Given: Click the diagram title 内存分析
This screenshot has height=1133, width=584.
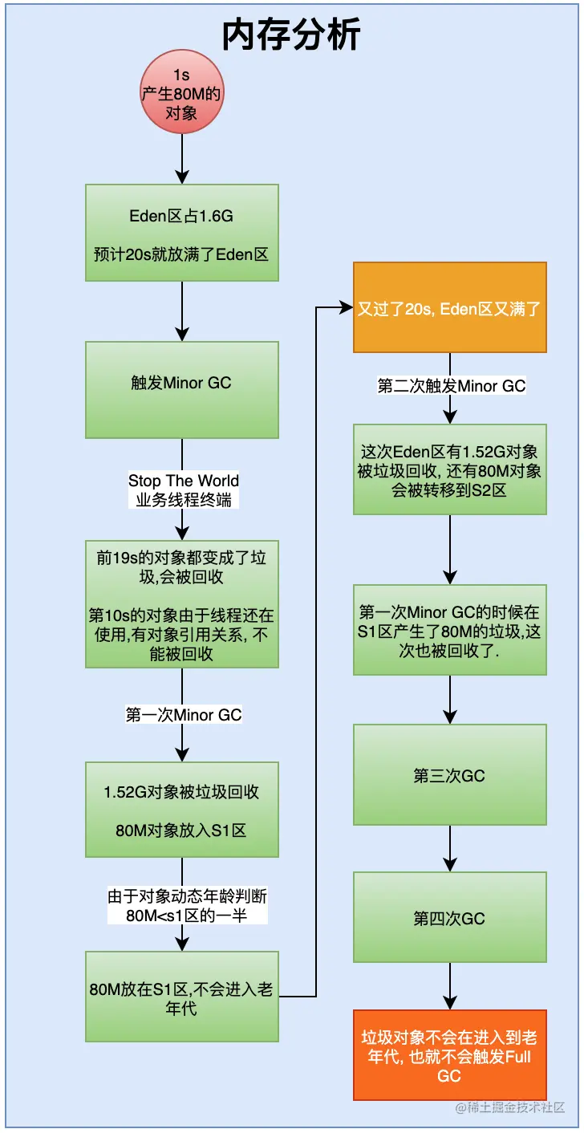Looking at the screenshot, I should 291,36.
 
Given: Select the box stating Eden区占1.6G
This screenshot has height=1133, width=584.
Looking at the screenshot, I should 182,233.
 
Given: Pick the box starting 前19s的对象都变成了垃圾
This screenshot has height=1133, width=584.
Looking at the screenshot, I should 182,603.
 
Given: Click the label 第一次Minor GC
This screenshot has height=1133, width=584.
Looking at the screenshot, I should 184,714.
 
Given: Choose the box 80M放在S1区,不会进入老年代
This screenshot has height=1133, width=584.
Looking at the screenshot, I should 182,997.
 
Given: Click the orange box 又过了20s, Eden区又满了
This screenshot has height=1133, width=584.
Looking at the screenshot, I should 449,308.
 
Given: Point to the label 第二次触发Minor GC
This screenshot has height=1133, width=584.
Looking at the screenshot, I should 451,386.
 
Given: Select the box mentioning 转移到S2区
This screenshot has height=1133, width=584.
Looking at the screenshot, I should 449,469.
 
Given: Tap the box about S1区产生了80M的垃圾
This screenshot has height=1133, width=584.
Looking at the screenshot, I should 449,629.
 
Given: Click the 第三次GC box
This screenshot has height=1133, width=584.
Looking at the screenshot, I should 449,775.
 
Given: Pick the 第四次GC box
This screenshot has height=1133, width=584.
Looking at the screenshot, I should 449,918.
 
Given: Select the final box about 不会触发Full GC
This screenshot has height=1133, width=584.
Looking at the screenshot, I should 449,1054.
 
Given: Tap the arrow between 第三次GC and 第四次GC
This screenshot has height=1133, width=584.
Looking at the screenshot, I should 449,848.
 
